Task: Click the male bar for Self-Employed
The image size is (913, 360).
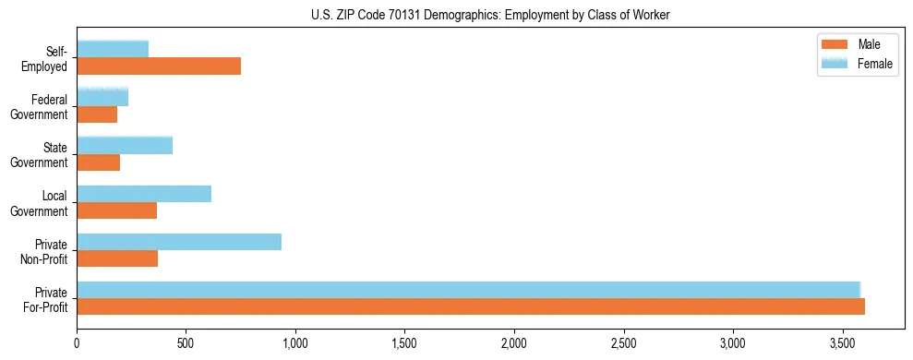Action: pyautogui.click(x=159, y=66)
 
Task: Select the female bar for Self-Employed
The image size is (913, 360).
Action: pyautogui.click(x=113, y=49)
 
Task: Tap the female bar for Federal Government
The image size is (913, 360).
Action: pyautogui.click(x=102, y=97)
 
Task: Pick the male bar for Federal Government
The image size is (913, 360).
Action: pyautogui.click(x=97, y=114)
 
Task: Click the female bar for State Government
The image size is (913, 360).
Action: pyautogui.click(x=125, y=145)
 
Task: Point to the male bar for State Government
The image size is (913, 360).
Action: pyautogui.click(x=99, y=162)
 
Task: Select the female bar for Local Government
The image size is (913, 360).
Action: pyautogui.click(x=144, y=194)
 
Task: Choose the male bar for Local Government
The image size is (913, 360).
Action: pyautogui.click(x=117, y=210)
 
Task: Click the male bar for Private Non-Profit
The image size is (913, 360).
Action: pyautogui.click(x=117, y=258)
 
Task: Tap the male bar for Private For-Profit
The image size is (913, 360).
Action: pyautogui.click(x=471, y=307)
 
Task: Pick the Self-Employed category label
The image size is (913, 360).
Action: pyautogui.click(x=50, y=58)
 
